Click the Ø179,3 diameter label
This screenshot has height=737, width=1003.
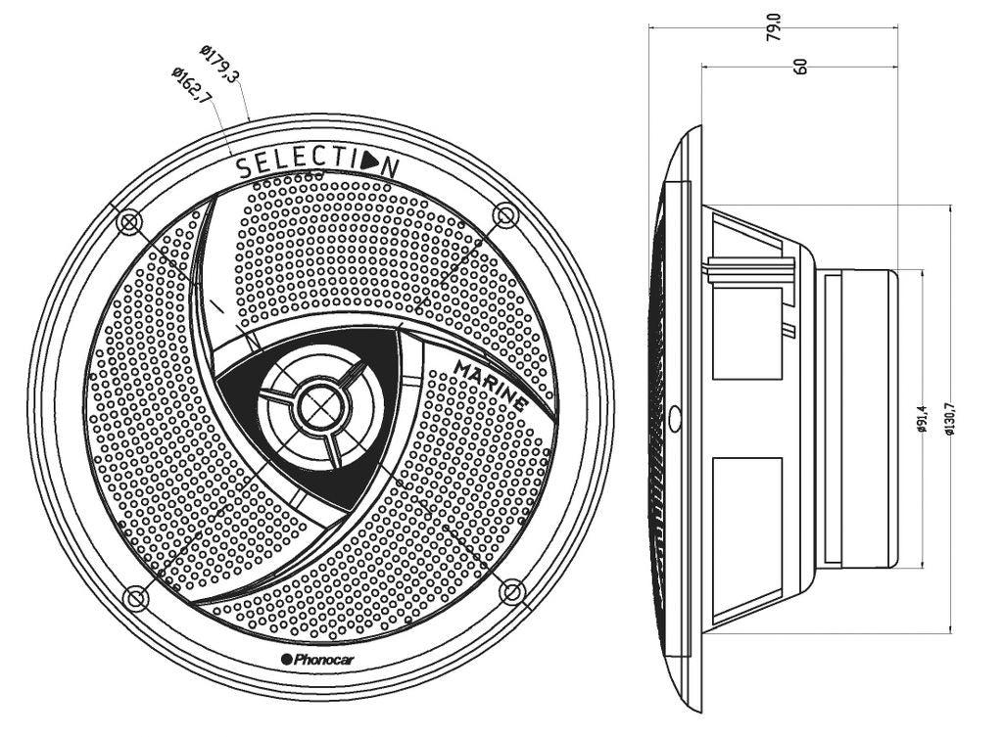219,63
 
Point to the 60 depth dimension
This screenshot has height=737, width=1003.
800,67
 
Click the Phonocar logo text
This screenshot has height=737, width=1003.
324,660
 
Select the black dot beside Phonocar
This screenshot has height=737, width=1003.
287,660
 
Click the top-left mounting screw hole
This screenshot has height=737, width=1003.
128,223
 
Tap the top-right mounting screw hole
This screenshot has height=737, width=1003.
504,213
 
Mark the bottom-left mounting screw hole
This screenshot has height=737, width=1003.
133,596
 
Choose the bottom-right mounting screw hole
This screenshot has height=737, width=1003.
510,590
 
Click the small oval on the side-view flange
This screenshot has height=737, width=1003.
677,418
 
